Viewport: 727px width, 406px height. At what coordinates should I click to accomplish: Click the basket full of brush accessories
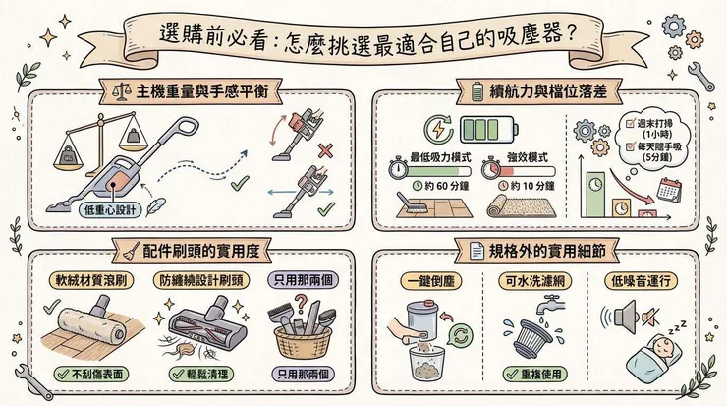[306, 334]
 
